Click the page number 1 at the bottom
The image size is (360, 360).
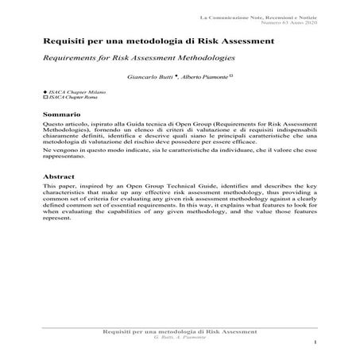tap(315, 343)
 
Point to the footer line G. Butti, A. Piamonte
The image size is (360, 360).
tap(180, 335)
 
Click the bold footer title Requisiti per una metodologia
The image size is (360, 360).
tap(180, 329)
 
